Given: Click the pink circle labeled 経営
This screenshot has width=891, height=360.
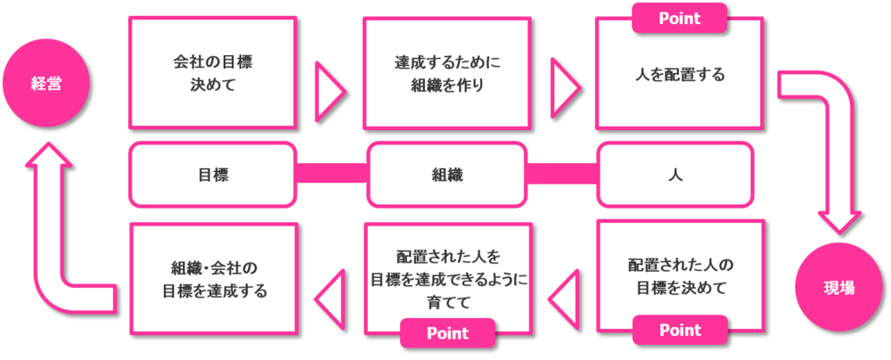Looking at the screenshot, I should [45, 84].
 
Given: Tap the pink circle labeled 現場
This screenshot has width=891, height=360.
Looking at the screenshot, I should [838, 287].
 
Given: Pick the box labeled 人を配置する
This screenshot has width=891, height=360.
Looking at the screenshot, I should [679, 74].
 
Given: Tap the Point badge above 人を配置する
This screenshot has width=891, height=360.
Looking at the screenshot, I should [679, 18].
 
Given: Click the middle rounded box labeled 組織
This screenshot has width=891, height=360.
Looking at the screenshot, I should [446, 175].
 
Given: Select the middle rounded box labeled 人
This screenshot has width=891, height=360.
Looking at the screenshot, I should [679, 175].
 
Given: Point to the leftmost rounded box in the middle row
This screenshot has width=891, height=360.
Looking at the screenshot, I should [212, 175].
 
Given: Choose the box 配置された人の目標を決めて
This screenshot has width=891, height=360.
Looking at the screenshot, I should [679, 276].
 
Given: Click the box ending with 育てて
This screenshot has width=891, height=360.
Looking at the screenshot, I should [446, 276].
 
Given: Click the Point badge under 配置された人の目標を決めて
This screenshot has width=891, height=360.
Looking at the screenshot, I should [679, 331].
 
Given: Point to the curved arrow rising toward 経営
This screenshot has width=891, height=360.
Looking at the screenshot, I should [53, 232].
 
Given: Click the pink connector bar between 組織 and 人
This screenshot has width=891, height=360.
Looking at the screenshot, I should [561, 173].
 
